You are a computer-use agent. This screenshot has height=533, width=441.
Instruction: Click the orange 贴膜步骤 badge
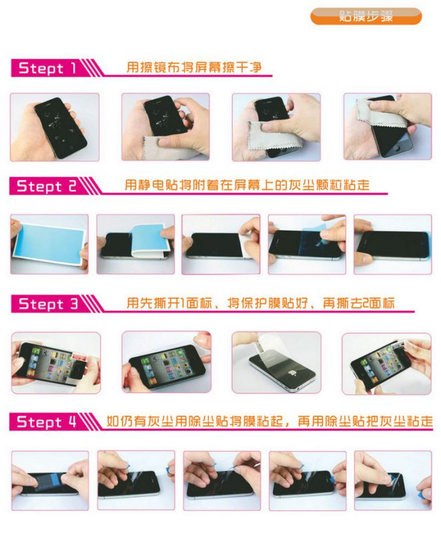[x=366, y=16]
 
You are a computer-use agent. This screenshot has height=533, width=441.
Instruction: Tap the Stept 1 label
[x=47, y=68]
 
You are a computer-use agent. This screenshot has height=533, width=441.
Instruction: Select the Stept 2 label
[x=47, y=186]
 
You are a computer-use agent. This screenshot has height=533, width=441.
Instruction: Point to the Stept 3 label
[x=48, y=304]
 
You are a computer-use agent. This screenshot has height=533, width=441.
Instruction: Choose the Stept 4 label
[x=47, y=422]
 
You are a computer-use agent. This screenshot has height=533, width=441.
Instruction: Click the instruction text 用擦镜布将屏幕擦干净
[x=194, y=67]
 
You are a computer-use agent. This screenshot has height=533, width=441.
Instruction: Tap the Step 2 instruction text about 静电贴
[x=247, y=185]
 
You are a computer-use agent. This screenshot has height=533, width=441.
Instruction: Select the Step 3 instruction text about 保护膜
[x=260, y=302]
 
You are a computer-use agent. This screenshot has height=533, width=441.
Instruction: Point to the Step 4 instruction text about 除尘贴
[x=269, y=421]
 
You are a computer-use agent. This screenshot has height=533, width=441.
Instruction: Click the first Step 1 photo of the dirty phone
[x=55, y=127]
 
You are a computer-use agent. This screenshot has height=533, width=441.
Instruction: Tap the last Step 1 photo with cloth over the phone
[x=387, y=127]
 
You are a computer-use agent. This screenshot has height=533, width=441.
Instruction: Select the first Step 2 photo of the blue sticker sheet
[x=49, y=244]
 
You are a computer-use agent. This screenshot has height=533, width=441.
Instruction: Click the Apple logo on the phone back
[x=291, y=373]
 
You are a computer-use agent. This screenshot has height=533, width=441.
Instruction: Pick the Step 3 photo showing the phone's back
[x=276, y=362]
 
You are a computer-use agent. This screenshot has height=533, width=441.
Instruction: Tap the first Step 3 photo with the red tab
[x=56, y=362]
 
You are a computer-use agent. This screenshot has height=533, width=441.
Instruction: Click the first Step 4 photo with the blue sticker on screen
[x=50, y=480]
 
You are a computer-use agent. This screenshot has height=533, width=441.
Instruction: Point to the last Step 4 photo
[x=393, y=480]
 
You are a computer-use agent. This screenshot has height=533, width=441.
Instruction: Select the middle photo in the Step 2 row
[x=221, y=244]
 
